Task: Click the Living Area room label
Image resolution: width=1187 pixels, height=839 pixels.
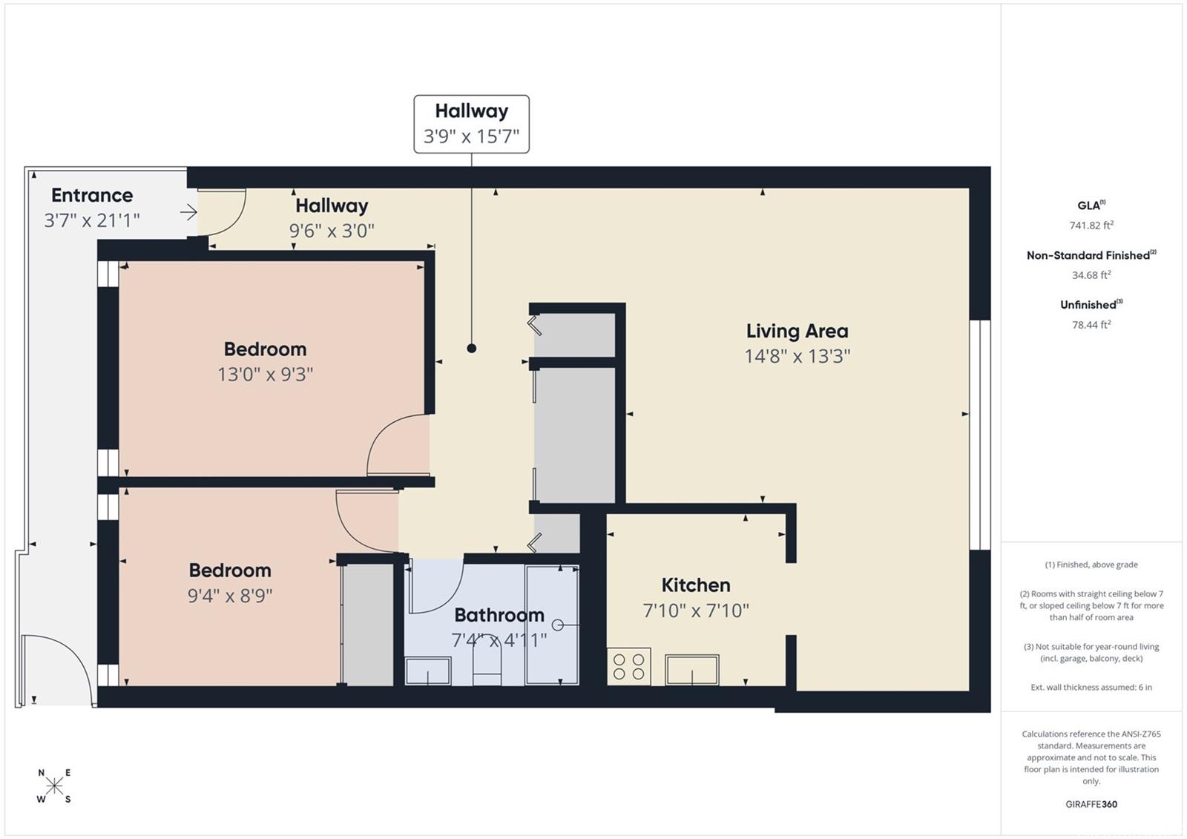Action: [x=797, y=332]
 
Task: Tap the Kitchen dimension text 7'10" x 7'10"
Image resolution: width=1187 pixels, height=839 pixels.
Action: [x=696, y=611]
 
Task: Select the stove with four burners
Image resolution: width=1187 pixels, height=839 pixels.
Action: [x=629, y=667]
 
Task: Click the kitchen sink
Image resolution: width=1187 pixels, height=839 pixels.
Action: [x=692, y=670]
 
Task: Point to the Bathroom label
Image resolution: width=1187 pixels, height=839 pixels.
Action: [x=499, y=615]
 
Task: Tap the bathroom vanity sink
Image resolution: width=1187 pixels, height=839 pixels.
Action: [x=427, y=671]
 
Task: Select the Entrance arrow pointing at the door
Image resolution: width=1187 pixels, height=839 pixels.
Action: [x=188, y=213]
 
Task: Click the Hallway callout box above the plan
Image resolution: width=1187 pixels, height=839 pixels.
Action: [x=471, y=124]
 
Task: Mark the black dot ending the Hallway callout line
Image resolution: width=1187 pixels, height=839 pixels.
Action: [x=471, y=348]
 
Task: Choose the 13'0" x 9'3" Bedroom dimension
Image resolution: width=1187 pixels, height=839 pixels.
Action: [x=266, y=375]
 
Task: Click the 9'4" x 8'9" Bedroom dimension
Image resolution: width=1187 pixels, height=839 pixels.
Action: [x=230, y=596]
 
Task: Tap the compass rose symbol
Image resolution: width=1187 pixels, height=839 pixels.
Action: [x=54, y=786]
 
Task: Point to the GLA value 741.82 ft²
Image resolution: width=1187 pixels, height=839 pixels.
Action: [x=1091, y=226]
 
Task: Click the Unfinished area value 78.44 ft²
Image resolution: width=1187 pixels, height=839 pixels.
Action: [x=1091, y=325]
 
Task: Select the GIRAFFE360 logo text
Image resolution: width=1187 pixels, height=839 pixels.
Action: [x=1091, y=804]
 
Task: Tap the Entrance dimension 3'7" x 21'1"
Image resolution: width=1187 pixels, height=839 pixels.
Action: [x=92, y=220]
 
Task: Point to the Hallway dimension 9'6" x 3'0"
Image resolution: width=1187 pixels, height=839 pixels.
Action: [x=332, y=231]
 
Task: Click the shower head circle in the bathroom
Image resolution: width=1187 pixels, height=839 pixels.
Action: [x=557, y=625]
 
